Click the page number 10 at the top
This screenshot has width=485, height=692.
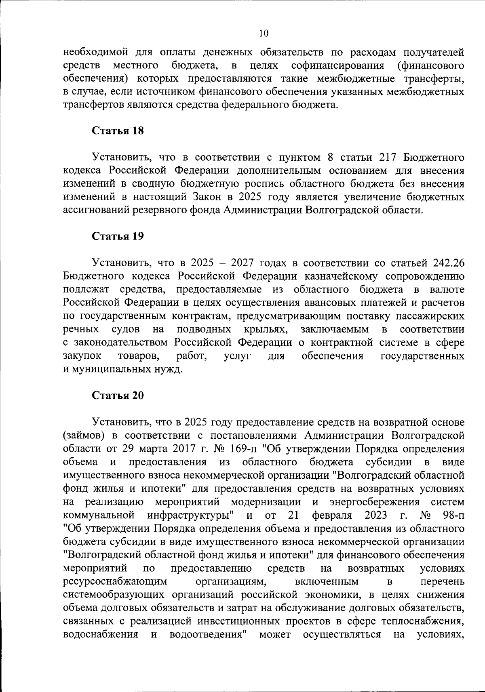263,34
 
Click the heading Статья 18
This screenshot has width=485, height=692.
118,131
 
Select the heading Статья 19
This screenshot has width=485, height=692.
118,236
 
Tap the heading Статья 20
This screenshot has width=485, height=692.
118,395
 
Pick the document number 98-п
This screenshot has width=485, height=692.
453,515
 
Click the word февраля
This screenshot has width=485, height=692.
331,515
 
